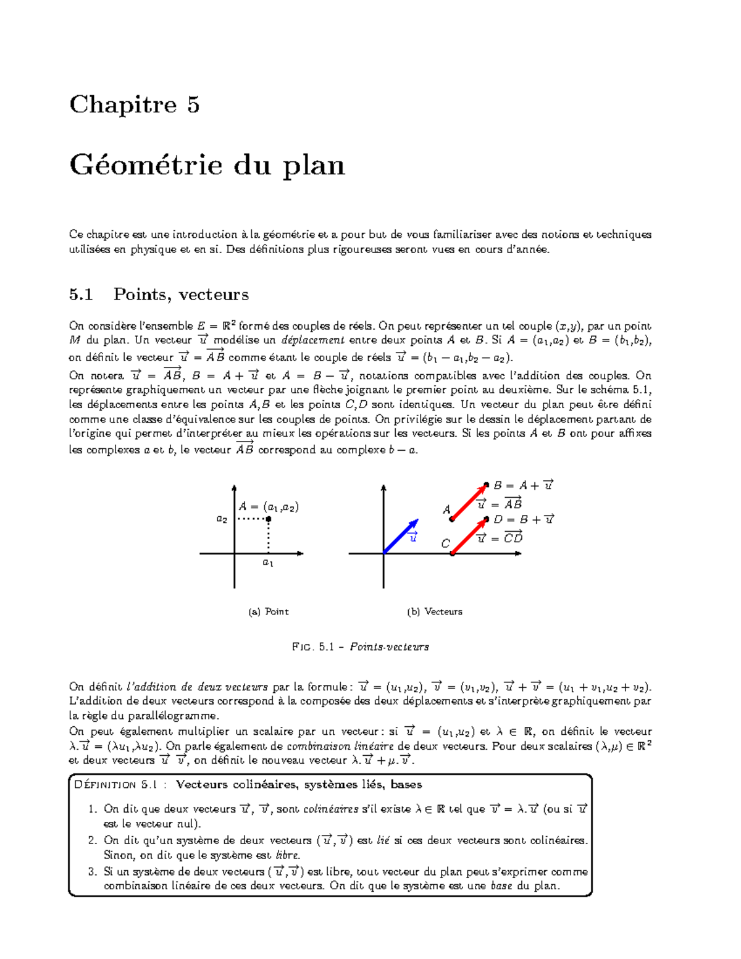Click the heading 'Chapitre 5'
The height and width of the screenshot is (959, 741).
(135, 105)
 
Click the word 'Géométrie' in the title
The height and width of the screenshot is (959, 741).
(146, 165)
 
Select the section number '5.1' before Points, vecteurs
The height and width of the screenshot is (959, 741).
(81, 295)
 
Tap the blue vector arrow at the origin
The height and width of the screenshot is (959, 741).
(401, 536)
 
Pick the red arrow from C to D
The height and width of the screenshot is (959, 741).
(469, 537)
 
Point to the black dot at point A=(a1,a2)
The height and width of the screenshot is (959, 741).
(269, 519)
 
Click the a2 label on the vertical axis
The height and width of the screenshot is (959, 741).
(221, 519)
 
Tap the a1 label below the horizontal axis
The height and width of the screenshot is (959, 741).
(268, 563)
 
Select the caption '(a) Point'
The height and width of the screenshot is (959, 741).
(268, 611)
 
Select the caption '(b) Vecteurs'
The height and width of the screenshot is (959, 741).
(434, 611)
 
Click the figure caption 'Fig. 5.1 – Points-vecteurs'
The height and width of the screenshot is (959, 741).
(360, 647)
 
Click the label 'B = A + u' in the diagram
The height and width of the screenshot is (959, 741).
(523, 485)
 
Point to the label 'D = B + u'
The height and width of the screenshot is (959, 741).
(524, 519)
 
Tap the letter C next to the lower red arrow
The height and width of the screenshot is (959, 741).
(445, 544)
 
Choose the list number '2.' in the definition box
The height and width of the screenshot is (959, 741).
(93, 840)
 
